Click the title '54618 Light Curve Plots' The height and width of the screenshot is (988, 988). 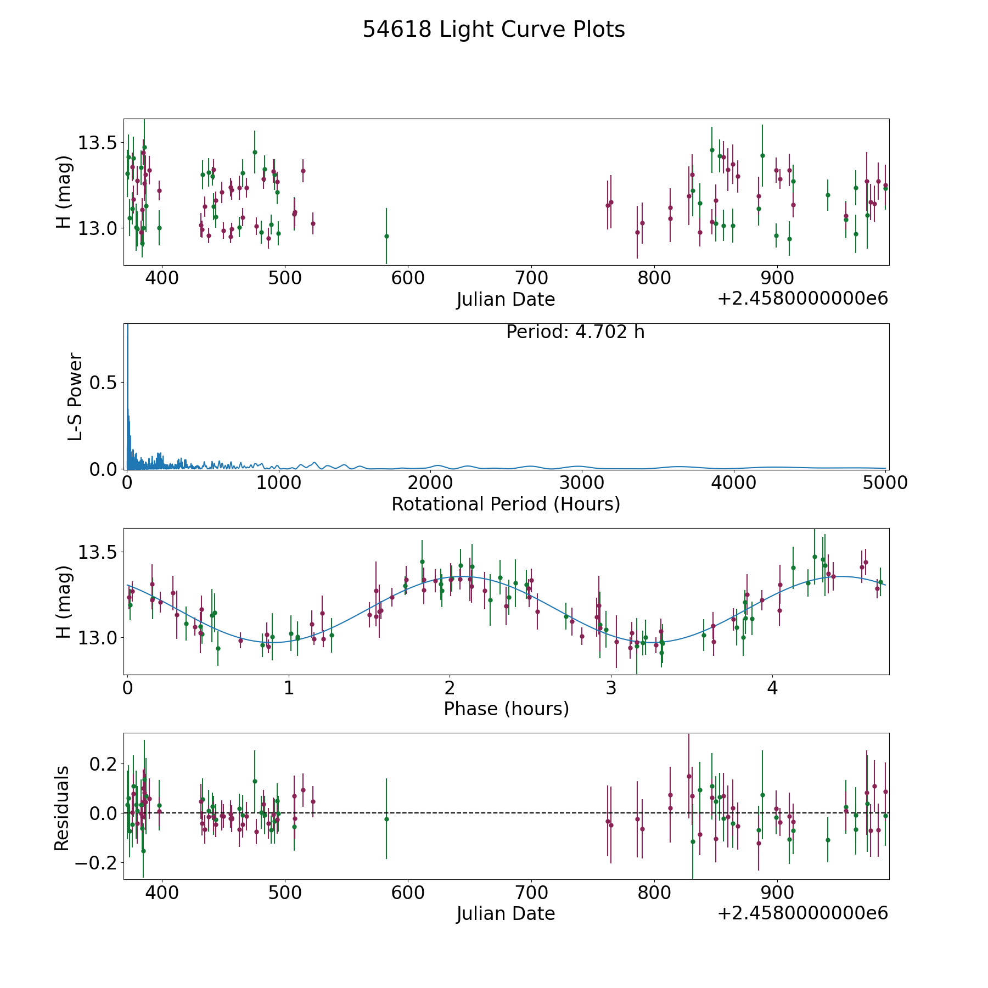tap(493, 30)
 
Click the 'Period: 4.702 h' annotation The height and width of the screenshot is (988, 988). tap(575, 332)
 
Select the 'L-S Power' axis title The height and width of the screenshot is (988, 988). tap(75, 397)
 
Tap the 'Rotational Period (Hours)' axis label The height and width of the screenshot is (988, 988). tap(506, 504)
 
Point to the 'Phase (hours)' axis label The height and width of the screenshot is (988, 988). tap(506, 709)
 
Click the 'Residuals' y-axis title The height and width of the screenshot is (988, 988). tap(62, 809)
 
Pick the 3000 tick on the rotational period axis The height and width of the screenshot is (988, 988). tap(581, 482)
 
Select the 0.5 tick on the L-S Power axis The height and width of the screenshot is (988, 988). tap(103, 383)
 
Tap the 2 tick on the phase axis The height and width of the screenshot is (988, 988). tap(450, 688)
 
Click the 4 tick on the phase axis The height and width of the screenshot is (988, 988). tap(772, 688)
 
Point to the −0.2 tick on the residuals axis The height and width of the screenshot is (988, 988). tap(93, 863)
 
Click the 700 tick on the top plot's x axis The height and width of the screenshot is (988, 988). tap(531, 278)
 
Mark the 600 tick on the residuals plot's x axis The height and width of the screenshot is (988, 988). tap(408, 892)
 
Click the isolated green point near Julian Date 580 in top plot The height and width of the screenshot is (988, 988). tap(386, 236)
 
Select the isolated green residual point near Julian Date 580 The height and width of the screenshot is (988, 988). tap(386, 819)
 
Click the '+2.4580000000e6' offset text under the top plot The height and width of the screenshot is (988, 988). tap(802, 299)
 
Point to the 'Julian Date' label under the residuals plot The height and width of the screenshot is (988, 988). tap(506, 914)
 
